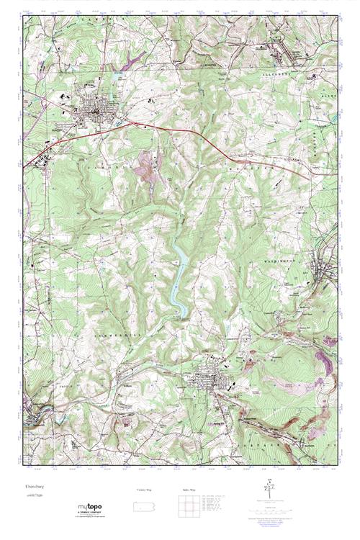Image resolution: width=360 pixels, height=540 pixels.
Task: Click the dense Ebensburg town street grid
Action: point(94,112)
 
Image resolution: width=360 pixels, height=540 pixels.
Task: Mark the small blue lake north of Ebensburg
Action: point(117,73)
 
